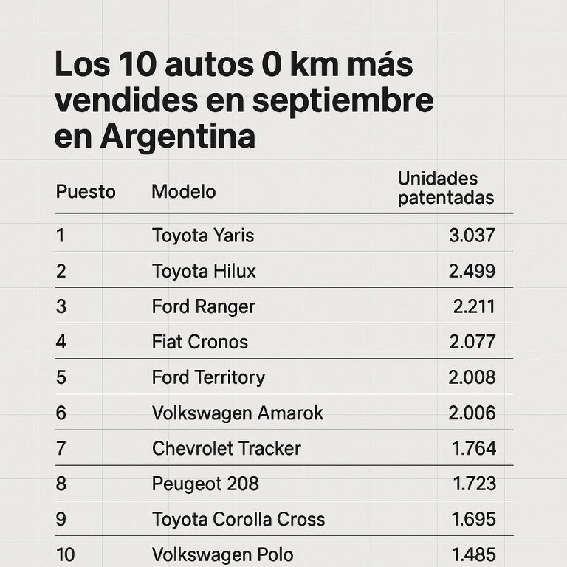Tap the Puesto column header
(x=86, y=192)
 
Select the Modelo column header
(x=184, y=192)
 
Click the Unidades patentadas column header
(x=445, y=188)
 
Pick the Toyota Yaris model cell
(x=203, y=236)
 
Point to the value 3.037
(x=472, y=236)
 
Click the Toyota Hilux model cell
(x=204, y=271)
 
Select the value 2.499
(x=472, y=271)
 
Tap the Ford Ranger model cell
(x=204, y=306)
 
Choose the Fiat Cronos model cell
(x=200, y=342)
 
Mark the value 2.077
(x=472, y=342)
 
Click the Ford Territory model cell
(x=208, y=377)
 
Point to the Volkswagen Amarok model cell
(x=238, y=413)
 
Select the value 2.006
(x=472, y=413)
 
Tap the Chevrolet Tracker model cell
(x=227, y=448)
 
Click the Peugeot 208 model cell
(x=205, y=484)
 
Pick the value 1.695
(x=474, y=519)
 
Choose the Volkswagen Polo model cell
(x=223, y=554)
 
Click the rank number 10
(x=65, y=554)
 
